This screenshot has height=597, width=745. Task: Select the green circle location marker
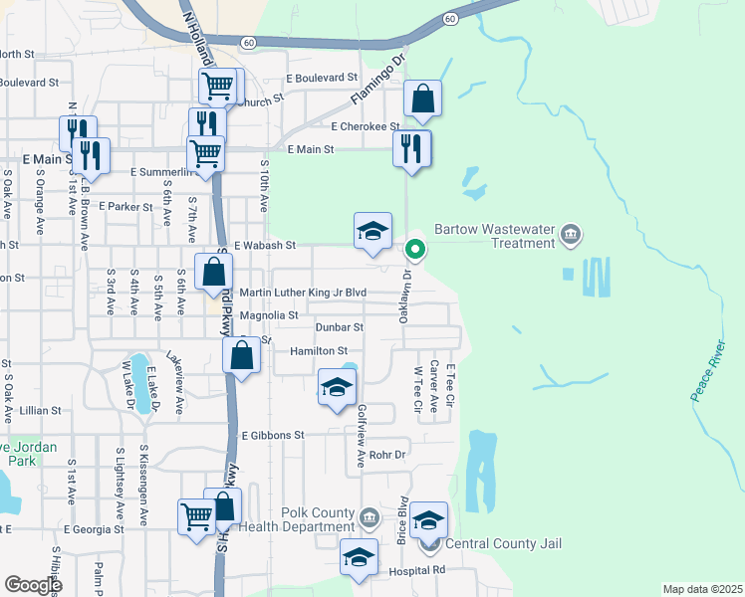(416, 249)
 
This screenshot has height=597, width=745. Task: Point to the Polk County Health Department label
(297, 519)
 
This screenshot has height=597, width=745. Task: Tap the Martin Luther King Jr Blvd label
(304, 293)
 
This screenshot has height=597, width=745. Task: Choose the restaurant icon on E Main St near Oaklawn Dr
(412, 148)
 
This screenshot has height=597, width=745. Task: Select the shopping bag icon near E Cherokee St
(423, 99)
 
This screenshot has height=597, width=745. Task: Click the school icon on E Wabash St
(373, 232)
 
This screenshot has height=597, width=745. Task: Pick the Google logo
(33, 585)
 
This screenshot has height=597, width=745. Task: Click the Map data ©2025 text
(702, 589)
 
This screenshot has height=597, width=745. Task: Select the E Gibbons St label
(272, 436)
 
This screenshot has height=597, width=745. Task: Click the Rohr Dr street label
(388, 455)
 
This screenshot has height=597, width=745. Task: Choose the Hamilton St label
(319, 351)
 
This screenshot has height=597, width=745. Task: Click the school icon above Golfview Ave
(337, 387)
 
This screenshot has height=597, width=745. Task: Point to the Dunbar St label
(340, 326)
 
